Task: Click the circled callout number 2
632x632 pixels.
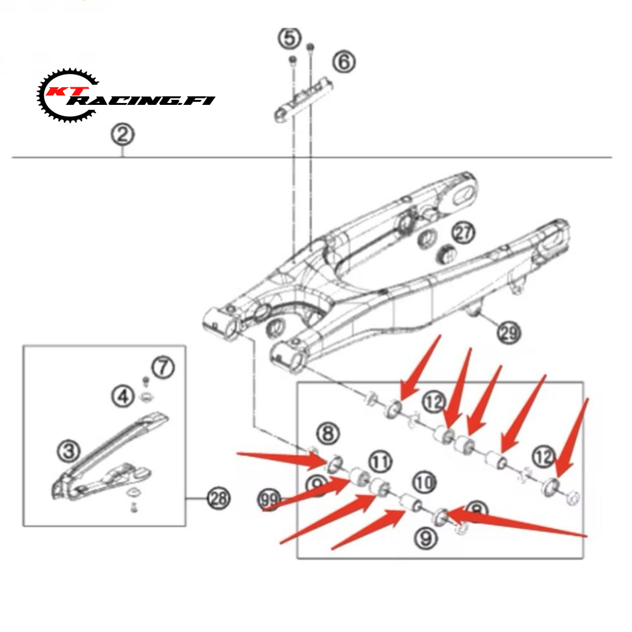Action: click(x=123, y=135)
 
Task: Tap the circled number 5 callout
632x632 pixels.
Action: click(x=289, y=39)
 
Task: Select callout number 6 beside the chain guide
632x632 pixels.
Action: click(x=344, y=62)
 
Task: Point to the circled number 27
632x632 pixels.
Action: click(x=465, y=233)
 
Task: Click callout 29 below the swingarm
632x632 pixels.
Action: click(x=509, y=332)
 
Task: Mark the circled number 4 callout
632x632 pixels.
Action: click(x=123, y=397)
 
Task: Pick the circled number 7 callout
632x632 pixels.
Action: click(x=162, y=367)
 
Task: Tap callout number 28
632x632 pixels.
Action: click(x=218, y=499)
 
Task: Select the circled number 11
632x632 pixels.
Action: click(x=380, y=461)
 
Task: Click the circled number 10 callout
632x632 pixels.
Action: click(x=426, y=483)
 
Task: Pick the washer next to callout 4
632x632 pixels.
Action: click(x=145, y=398)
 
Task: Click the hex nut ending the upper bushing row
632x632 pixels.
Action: click(x=572, y=497)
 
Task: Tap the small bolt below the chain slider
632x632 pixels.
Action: click(x=134, y=508)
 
